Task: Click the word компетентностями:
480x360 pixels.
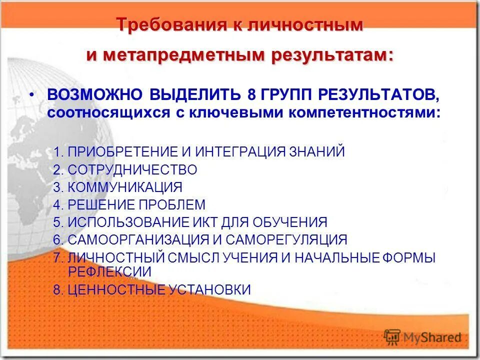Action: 363,112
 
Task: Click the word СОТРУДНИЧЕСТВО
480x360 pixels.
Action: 132,170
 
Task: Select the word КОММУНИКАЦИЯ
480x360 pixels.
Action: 125,187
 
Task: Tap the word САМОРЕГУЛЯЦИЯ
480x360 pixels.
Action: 286,239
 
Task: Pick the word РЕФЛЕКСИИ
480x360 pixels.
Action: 109,271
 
